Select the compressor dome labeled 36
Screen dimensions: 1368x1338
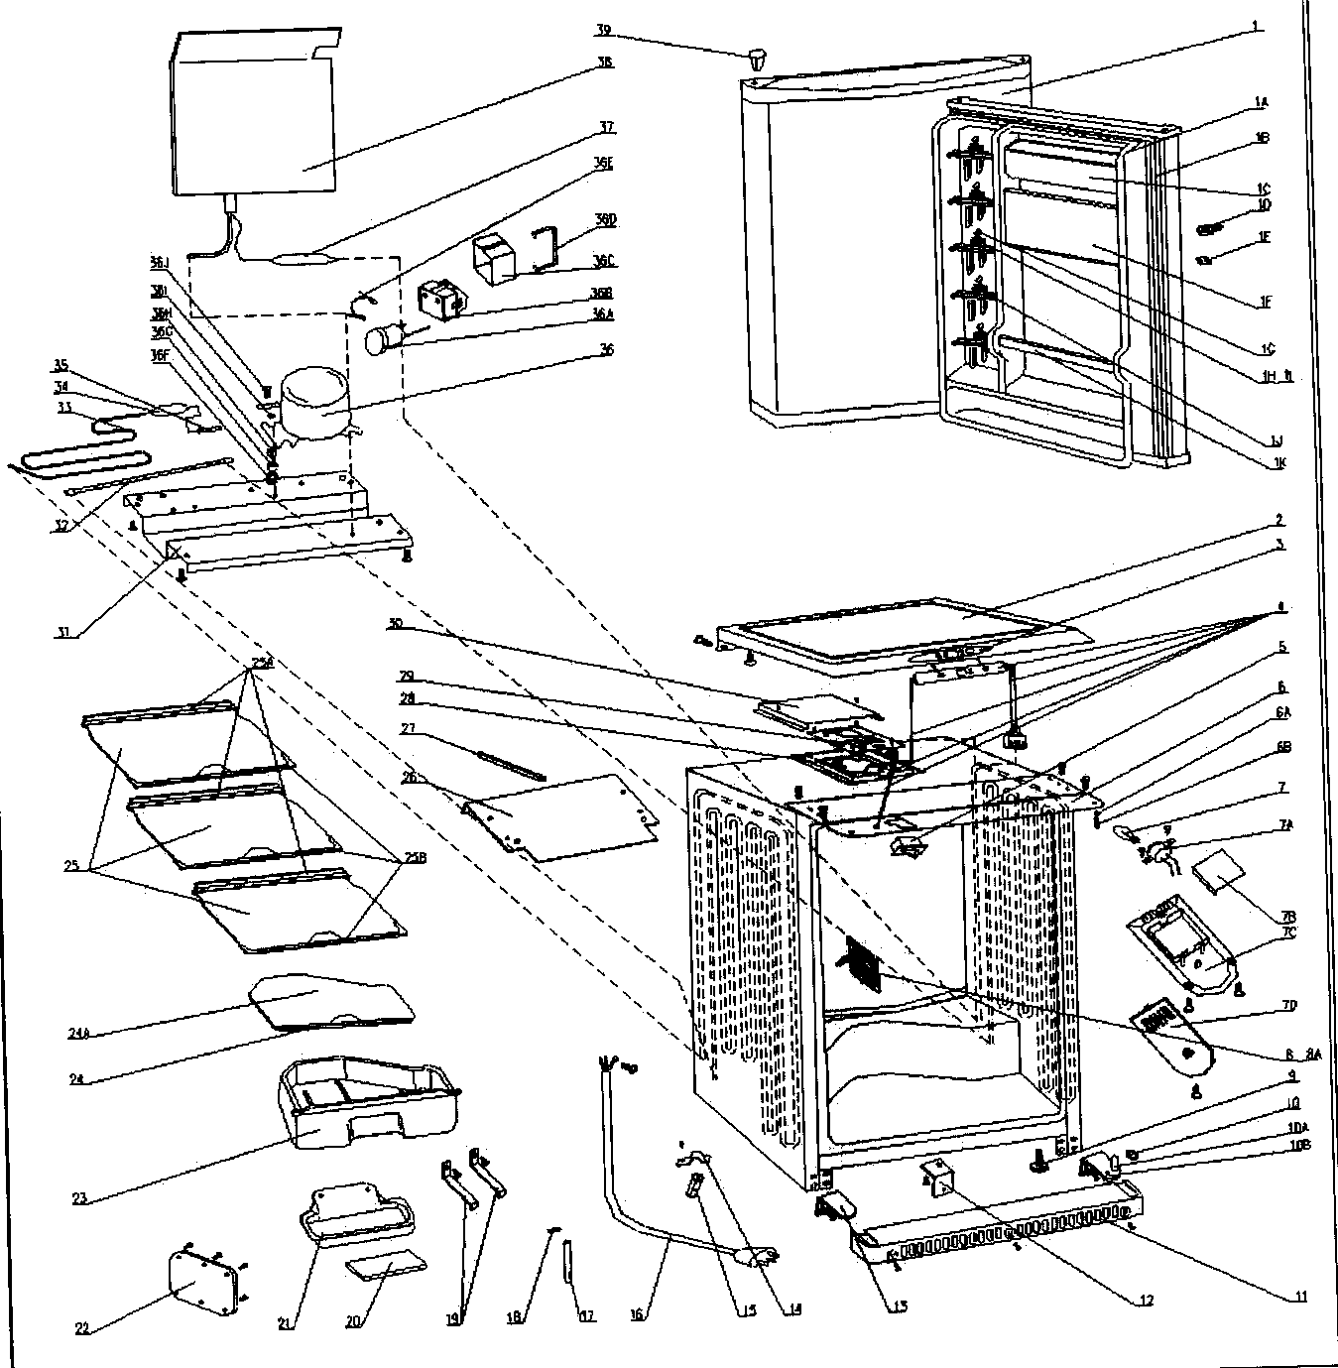(x=313, y=406)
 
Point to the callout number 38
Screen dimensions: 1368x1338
(x=604, y=62)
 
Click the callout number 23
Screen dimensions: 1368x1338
(x=80, y=1198)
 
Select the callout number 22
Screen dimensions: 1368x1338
(x=82, y=1327)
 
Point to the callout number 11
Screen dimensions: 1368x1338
(x=1299, y=1297)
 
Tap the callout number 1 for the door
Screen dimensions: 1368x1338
(x=1257, y=27)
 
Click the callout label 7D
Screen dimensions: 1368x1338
(x=1288, y=1005)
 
